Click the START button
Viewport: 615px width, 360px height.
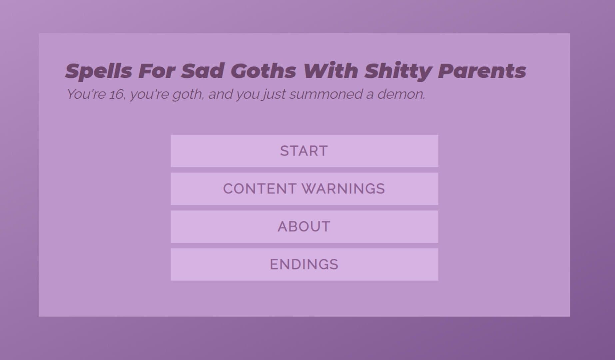coord(304,151)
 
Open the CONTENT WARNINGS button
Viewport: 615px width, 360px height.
coord(304,189)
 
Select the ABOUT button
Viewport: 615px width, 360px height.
coord(304,227)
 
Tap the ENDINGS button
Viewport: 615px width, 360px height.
coord(304,264)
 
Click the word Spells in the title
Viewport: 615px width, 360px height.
coord(99,71)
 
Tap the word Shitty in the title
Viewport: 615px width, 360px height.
coord(398,71)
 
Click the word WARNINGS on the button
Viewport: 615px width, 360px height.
coord(343,189)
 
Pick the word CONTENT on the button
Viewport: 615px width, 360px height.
coord(260,189)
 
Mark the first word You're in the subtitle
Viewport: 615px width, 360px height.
coord(86,94)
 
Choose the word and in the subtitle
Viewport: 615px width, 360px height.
coord(220,94)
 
